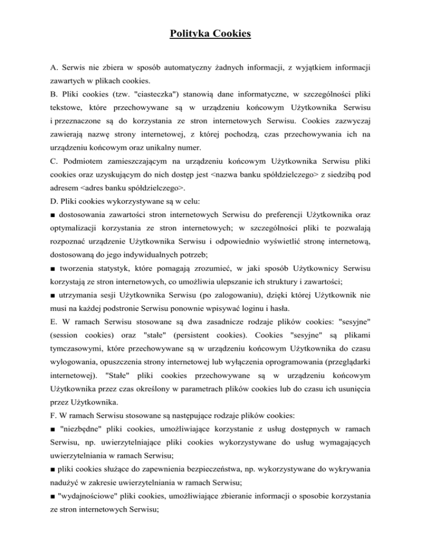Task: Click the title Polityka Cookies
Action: [210, 35]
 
